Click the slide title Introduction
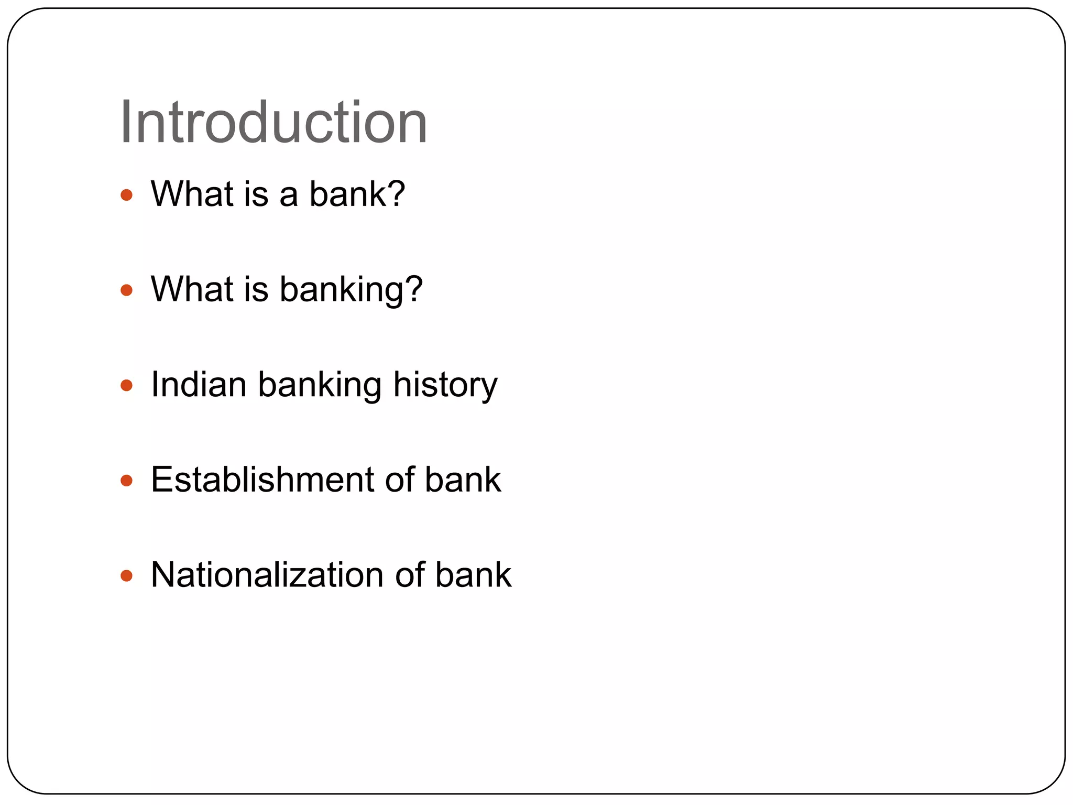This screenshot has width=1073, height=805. [x=273, y=123]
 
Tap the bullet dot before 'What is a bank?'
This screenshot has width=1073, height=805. [x=126, y=195]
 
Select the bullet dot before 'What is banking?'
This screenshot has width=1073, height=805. [x=126, y=290]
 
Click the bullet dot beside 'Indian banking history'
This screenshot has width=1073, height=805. [x=126, y=386]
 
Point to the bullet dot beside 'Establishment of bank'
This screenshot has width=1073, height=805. [x=126, y=481]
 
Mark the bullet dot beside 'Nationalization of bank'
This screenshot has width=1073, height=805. [x=126, y=576]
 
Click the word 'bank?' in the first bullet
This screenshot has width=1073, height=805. [x=357, y=194]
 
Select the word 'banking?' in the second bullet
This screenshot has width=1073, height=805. [x=351, y=290]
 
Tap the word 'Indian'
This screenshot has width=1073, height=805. [x=199, y=385]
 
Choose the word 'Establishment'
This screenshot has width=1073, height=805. [x=262, y=480]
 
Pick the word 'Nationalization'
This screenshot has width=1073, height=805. [x=267, y=575]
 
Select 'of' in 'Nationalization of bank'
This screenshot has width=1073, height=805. [x=409, y=575]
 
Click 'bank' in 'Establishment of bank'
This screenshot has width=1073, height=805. [x=463, y=480]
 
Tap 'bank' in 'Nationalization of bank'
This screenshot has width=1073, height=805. [x=473, y=575]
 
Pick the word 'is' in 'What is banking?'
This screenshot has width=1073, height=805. [x=256, y=289]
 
